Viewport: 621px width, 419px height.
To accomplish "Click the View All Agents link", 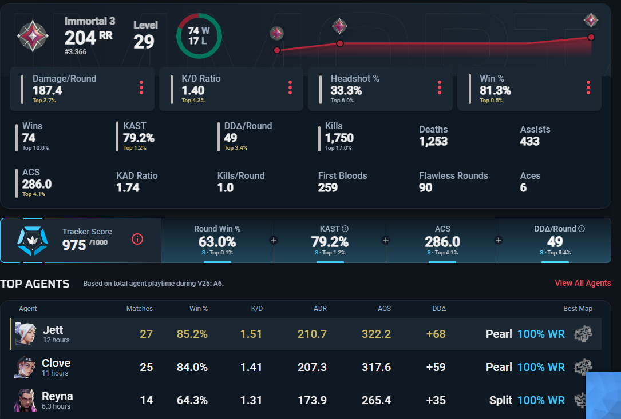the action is click(x=583, y=283).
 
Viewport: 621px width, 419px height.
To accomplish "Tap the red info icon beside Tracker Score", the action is click(x=137, y=239).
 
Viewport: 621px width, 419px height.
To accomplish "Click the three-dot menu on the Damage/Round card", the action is click(x=141, y=87).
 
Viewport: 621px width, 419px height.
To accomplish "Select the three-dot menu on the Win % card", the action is click(x=588, y=87).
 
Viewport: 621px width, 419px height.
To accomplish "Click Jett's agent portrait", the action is click(x=25, y=333).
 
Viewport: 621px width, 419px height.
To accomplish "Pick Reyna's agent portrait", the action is click(x=25, y=400).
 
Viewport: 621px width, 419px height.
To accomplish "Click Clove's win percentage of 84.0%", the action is click(x=192, y=367).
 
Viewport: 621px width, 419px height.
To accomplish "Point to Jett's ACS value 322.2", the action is click(x=376, y=334).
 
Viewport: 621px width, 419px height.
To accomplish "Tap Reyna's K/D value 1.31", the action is click(x=251, y=400).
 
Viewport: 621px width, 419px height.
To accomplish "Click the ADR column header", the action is click(x=320, y=309).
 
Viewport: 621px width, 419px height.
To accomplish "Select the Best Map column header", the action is click(x=578, y=309).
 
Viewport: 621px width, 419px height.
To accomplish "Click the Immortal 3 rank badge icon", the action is click(x=33, y=35).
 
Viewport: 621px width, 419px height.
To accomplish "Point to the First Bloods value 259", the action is click(x=327, y=187).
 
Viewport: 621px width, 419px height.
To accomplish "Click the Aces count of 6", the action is click(x=523, y=187).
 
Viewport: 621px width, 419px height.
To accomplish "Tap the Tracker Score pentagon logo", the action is click(x=33, y=240).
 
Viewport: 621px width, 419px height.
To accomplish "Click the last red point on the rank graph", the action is click(x=591, y=37).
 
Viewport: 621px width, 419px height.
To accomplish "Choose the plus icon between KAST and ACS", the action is click(x=386, y=240).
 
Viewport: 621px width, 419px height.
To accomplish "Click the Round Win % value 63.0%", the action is click(x=217, y=241).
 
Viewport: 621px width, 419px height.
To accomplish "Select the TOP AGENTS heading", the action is click(x=35, y=284).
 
